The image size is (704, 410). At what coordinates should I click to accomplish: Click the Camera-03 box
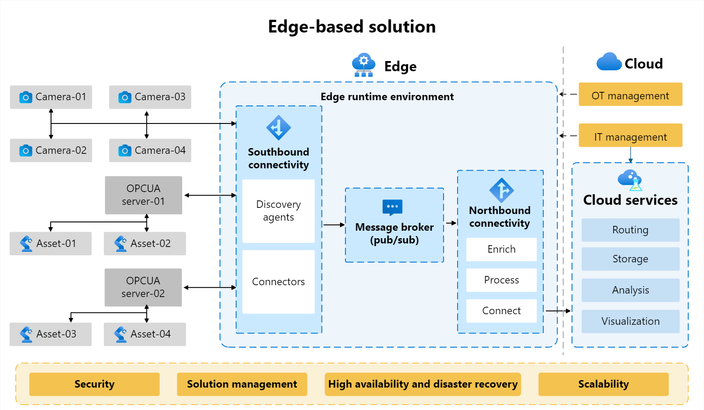click(x=150, y=97)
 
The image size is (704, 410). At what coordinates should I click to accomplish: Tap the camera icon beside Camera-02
click(x=26, y=151)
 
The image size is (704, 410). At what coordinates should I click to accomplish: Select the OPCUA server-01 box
click(x=143, y=195)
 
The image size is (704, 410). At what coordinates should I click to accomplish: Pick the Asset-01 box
click(x=51, y=243)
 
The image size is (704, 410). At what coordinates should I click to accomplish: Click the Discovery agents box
click(x=279, y=211)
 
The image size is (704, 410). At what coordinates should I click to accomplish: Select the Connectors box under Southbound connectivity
click(x=279, y=282)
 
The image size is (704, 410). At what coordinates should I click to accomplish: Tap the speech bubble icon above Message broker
click(x=392, y=207)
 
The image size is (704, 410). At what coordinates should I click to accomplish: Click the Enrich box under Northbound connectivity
click(x=501, y=249)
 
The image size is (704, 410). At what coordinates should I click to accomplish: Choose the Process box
click(x=501, y=280)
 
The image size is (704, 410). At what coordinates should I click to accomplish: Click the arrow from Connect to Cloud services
click(x=558, y=311)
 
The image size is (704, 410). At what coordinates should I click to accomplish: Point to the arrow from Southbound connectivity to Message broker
click(x=334, y=225)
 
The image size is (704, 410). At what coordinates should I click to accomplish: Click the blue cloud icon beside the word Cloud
click(x=609, y=62)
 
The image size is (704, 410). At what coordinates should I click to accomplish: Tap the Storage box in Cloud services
click(x=631, y=259)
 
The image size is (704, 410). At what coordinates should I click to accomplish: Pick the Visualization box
click(x=631, y=322)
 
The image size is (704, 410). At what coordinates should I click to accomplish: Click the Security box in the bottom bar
click(x=94, y=384)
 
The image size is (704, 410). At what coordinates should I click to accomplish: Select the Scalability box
click(x=603, y=384)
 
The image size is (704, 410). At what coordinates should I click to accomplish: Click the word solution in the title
click(x=402, y=26)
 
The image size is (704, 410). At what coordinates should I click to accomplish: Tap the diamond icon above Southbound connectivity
click(x=279, y=127)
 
